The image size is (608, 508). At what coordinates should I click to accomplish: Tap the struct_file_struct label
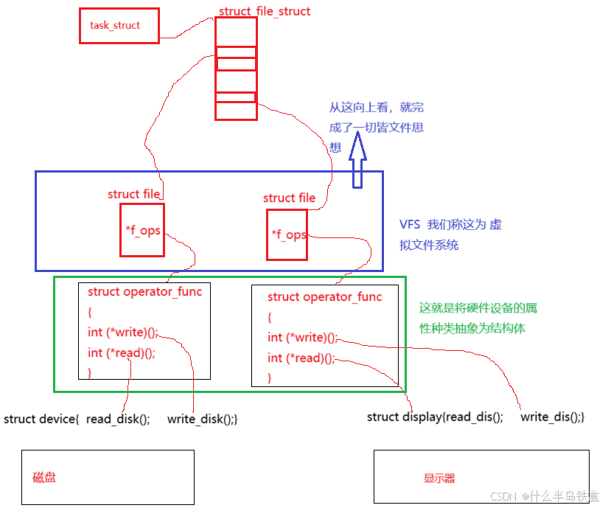point(265,12)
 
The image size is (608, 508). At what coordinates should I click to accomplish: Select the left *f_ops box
point(142,230)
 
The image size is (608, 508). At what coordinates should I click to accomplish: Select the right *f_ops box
point(287,234)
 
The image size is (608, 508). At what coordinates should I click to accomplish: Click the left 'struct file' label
point(134,195)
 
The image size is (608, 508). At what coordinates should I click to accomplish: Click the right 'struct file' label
point(289,198)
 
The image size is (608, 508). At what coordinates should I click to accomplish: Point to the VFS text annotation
point(450,234)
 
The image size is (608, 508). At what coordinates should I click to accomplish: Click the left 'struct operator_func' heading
point(144,292)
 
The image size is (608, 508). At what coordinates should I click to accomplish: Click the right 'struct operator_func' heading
point(325,297)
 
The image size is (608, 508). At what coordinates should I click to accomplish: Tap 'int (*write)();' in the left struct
point(122,333)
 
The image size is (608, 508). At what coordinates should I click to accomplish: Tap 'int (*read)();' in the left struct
point(121,353)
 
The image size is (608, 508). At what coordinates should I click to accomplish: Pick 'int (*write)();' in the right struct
point(302,338)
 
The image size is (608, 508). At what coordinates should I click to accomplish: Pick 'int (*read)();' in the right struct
point(301,358)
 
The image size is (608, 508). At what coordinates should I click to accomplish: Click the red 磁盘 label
point(45,478)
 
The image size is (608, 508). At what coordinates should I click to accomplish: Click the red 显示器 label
point(439,479)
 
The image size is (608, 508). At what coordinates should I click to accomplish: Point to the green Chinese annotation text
point(472,318)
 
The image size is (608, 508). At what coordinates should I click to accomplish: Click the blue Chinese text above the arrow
point(377,127)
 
